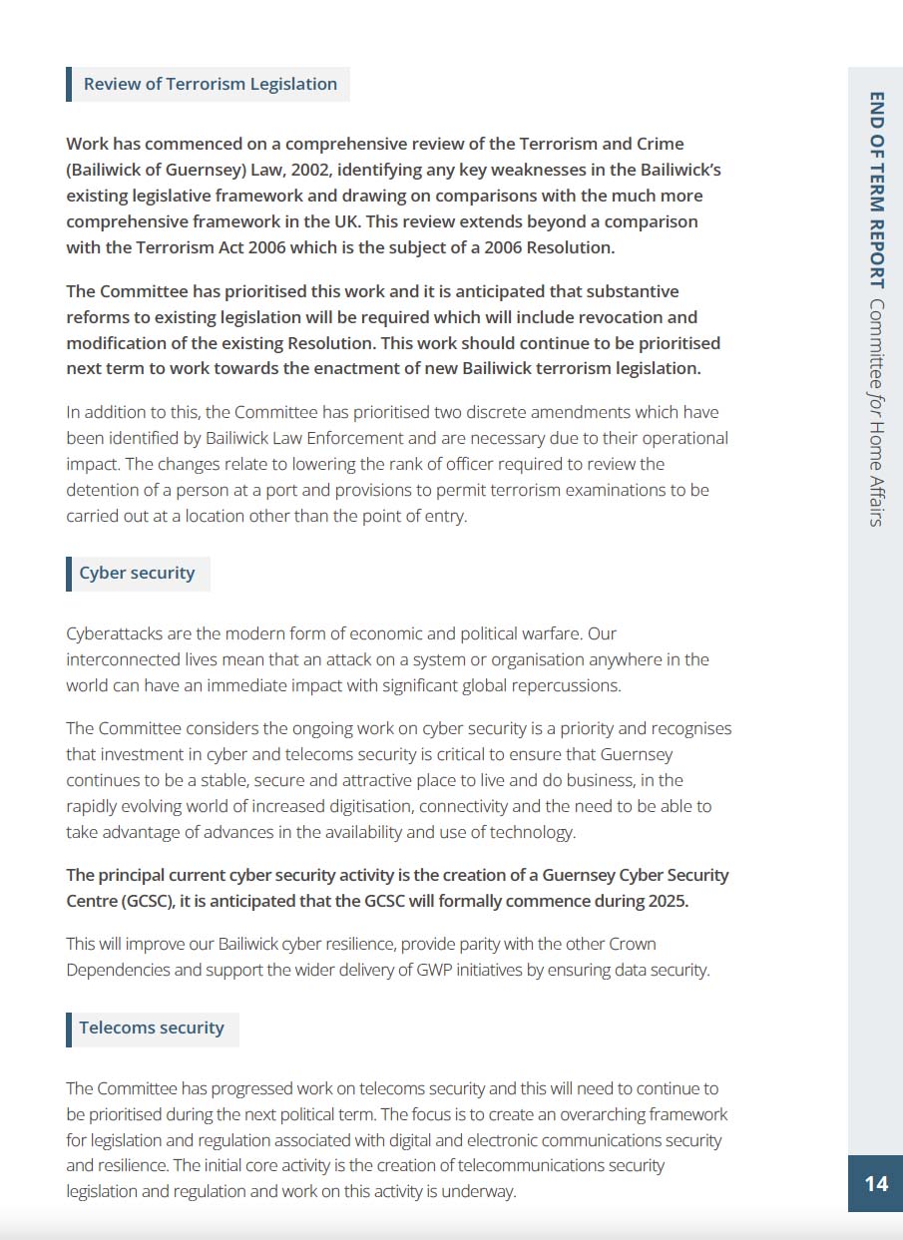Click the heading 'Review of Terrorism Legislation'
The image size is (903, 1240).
point(210,84)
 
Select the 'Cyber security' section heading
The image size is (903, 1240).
point(137,574)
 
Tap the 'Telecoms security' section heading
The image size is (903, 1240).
point(152,1028)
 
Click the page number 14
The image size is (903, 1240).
point(875,1183)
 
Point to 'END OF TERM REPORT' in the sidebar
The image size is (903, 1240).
point(876,190)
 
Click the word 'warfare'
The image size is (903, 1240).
point(548,633)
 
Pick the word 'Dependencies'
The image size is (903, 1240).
point(117,970)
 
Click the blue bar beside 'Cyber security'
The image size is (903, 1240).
point(69,574)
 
